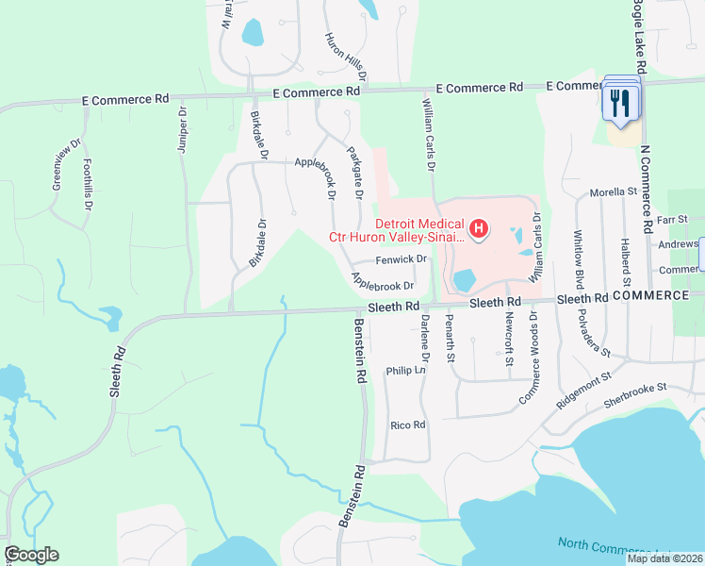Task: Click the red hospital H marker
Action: pos(479,228)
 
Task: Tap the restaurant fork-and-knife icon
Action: pos(619,102)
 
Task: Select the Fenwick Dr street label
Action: pos(402,258)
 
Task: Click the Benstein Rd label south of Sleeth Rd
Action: pos(359,349)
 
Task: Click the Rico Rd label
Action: pos(408,425)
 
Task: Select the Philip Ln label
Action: pos(406,372)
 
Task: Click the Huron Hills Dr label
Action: pos(344,55)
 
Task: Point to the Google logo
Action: pos(31,554)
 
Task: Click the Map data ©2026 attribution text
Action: pos(664,558)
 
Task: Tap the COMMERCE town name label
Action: pos(649,295)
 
